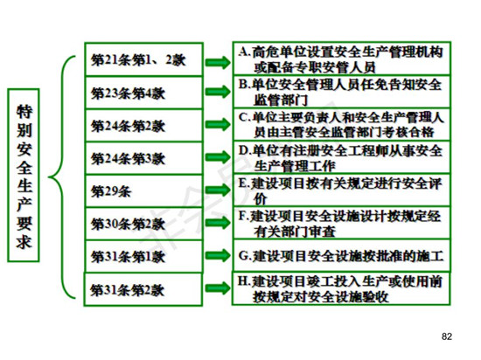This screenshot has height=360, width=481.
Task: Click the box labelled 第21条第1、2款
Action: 144,59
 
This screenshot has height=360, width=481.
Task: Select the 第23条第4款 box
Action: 144,93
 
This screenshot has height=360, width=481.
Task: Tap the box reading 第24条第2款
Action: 144,125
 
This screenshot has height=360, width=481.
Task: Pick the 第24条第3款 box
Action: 144,158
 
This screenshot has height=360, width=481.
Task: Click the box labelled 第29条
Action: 144,191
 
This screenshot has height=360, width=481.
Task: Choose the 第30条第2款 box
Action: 144,224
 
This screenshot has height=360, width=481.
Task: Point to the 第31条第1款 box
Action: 144,256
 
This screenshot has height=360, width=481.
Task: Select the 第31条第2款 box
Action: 143,289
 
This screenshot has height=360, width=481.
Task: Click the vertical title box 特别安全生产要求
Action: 24,176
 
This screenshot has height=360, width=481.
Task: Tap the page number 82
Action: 447,336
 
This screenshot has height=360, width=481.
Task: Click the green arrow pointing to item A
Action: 218,63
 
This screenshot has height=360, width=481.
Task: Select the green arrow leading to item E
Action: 218,190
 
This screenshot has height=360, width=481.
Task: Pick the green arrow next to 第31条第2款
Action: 218,288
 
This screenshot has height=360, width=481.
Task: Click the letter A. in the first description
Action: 245,52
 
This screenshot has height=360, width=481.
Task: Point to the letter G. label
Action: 245,256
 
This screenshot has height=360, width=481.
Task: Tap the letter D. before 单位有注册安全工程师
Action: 245,150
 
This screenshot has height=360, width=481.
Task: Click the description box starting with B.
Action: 341,92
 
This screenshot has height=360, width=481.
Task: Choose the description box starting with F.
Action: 341,223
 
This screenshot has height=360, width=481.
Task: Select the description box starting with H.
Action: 341,288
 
